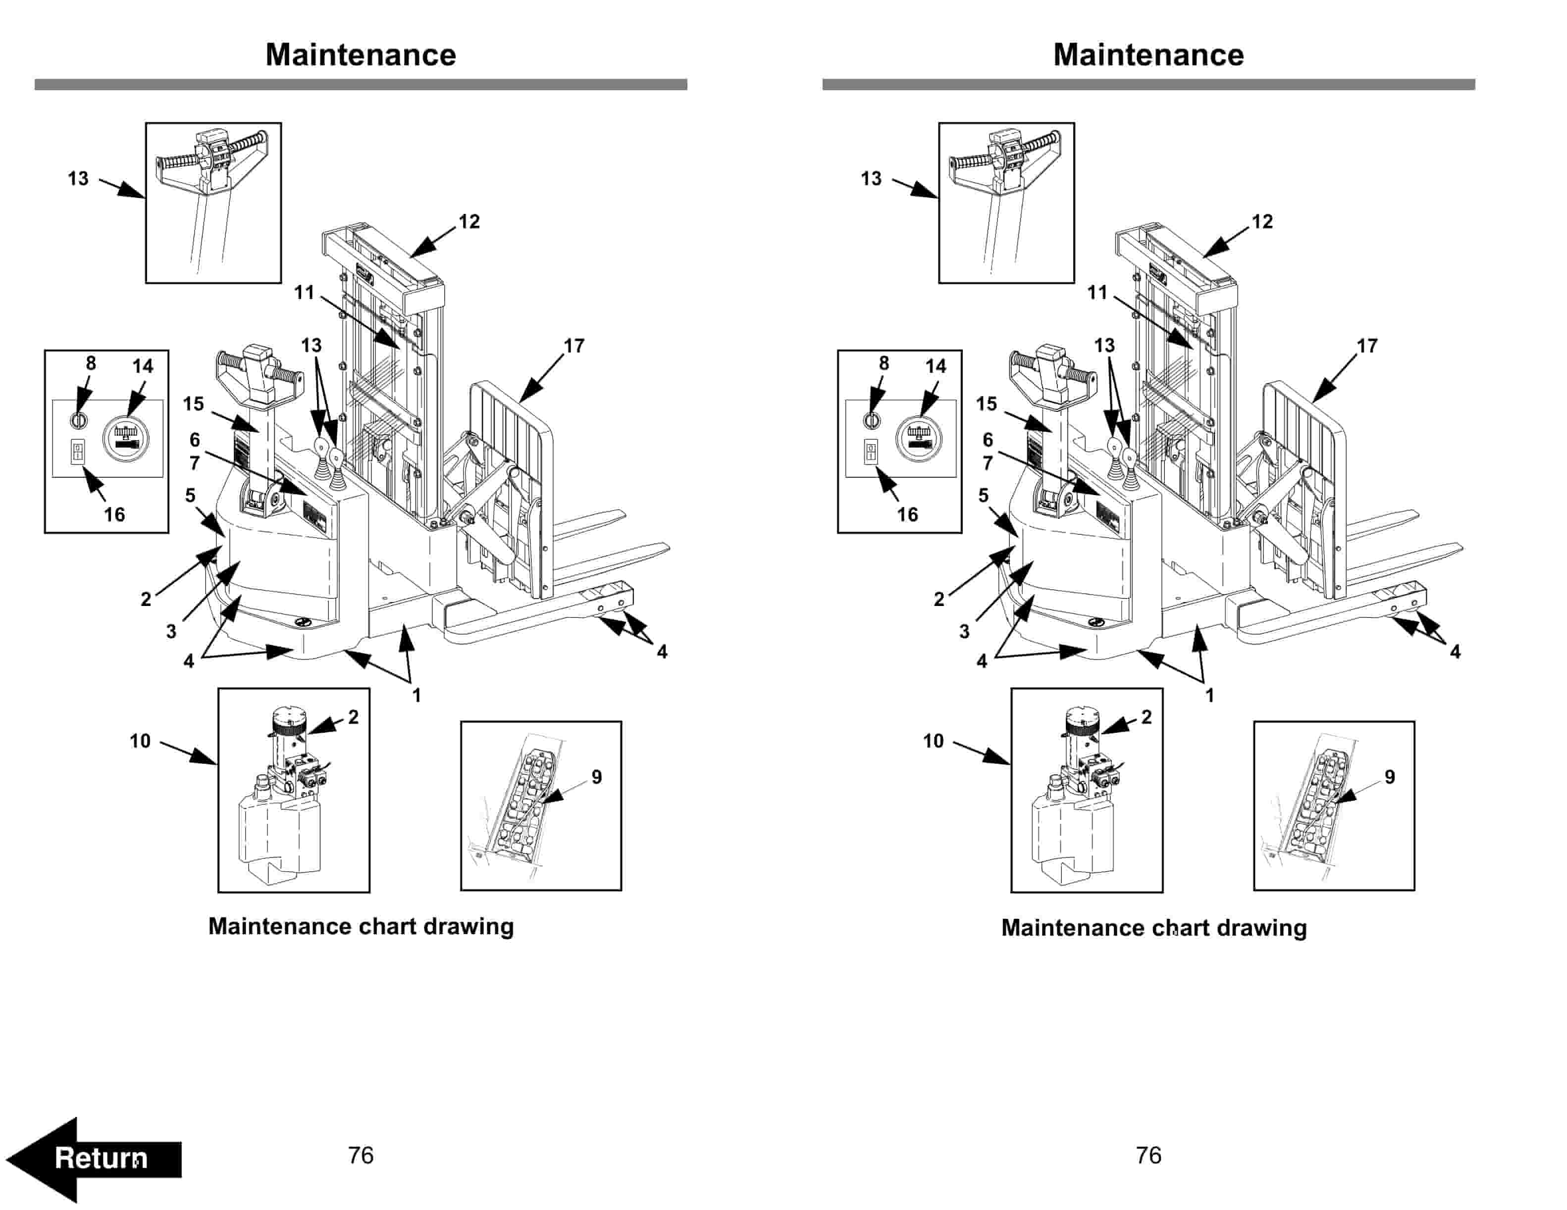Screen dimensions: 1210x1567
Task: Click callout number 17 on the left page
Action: (574, 346)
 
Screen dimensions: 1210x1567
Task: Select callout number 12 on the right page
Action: (1262, 222)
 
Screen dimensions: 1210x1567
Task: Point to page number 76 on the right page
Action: (1148, 1155)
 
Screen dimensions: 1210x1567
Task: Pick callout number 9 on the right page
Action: (1389, 777)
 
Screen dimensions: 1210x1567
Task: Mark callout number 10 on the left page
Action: (140, 741)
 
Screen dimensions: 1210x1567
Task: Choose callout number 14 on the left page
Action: (143, 366)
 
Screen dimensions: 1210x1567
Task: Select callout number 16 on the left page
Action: (114, 514)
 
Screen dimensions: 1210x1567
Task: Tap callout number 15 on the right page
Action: (987, 404)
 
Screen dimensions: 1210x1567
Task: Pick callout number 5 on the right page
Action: (983, 495)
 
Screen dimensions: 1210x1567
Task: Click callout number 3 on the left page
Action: (171, 631)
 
